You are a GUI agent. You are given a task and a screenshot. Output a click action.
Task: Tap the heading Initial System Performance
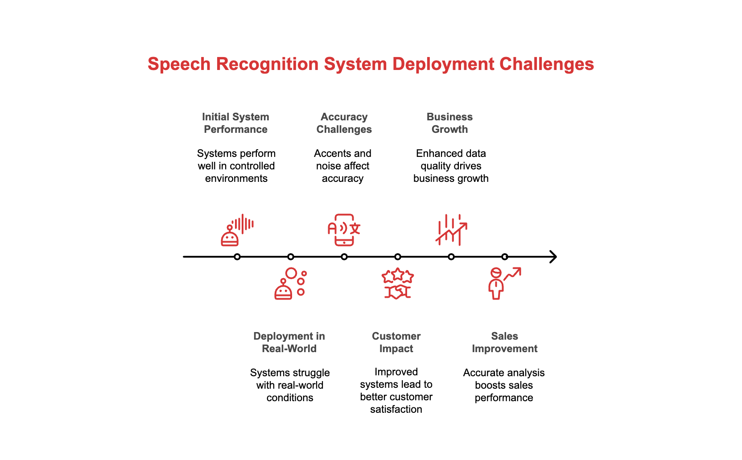(x=235, y=123)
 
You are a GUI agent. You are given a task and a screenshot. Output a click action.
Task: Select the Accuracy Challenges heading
(x=344, y=123)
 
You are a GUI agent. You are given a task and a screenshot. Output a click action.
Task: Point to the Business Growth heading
(x=449, y=123)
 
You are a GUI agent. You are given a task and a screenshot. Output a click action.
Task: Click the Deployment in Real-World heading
(x=289, y=342)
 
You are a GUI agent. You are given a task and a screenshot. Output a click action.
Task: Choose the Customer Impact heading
(x=396, y=342)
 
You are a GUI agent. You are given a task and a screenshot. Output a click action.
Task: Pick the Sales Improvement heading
(x=504, y=342)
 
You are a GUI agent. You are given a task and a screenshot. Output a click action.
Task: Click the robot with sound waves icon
(x=237, y=230)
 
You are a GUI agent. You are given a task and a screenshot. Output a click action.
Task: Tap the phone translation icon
(x=344, y=230)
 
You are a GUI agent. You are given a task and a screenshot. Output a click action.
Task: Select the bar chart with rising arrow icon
(x=451, y=230)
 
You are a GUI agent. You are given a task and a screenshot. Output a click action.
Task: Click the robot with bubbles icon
(x=290, y=283)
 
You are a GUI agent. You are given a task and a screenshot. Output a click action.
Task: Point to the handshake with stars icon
(x=397, y=283)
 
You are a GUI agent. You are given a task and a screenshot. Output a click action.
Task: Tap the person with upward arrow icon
(x=504, y=283)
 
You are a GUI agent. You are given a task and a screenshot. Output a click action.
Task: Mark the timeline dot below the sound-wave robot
(x=237, y=257)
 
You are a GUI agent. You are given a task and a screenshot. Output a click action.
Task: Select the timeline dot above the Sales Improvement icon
(x=504, y=257)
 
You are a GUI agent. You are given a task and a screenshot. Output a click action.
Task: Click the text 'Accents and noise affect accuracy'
(x=342, y=166)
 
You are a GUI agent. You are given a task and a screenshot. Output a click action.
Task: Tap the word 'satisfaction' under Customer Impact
(x=396, y=409)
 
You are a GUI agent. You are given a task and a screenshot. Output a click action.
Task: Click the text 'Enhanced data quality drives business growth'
(x=451, y=166)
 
